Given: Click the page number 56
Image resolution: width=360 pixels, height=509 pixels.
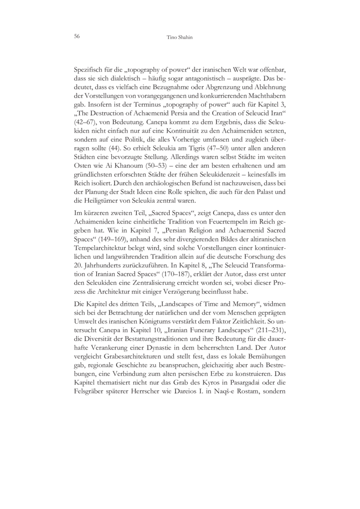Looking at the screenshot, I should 77,36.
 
